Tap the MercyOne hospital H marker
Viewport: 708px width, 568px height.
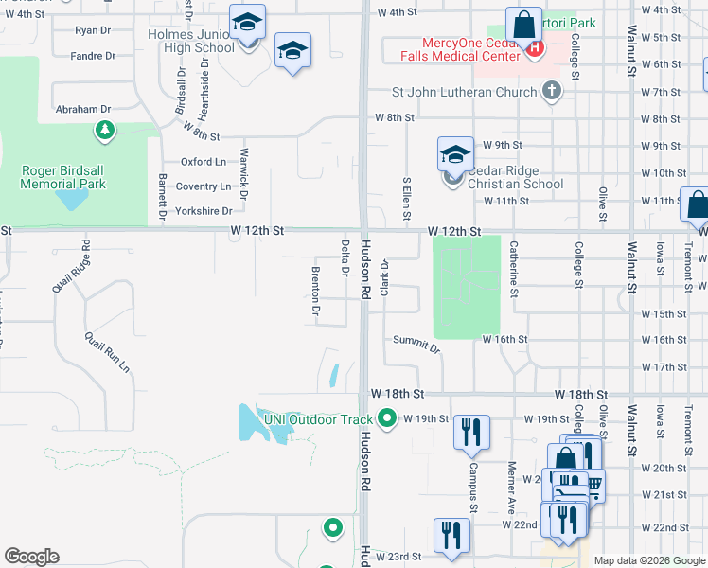pyautogui.click(x=534, y=47)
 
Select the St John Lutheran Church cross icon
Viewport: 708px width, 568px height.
pyautogui.click(x=552, y=92)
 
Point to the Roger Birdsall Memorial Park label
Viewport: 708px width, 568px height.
pyautogui.click(x=64, y=177)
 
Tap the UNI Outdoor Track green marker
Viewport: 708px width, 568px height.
pyautogui.click(x=386, y=417)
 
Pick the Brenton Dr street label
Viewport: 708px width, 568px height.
pyautogui.click(x=315, y=291)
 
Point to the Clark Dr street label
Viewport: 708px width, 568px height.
pyautogui.click(x=385, y=277)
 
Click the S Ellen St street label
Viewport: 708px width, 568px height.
pyautogui.click(x=407, y=198)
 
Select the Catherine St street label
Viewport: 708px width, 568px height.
pyautogui.click(x=514, y=268)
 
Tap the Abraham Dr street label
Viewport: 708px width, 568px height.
pyautogui.click(x=83, y=110)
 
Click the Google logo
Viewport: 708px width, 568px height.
pyautogui.click(x=31, y=557)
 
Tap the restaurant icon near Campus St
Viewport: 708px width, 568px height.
pyautogui.click(x=470, y=432)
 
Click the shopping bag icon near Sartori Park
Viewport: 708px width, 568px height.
pyautogui.click(x=522, y=24)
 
